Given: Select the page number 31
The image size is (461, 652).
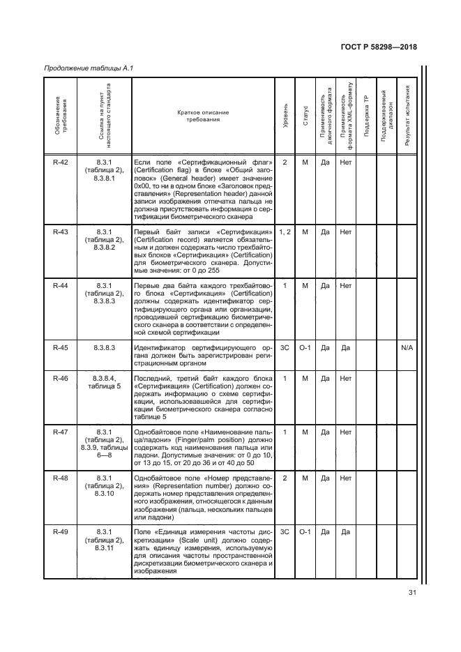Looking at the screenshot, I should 411,593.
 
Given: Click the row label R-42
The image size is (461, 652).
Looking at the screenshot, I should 61,162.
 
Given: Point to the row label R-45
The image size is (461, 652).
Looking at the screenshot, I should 61,347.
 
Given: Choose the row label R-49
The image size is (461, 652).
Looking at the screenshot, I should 61,532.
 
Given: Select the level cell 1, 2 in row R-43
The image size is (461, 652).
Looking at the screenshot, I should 285,232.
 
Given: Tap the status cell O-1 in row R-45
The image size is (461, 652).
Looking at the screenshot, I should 305,347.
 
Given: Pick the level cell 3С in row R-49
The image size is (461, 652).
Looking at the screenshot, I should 285,532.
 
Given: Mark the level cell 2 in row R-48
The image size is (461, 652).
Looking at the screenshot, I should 285,478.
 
